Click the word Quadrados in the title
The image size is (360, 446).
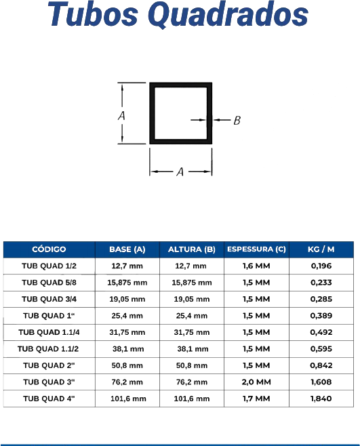[228, 15]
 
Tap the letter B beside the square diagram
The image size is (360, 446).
[237, 121]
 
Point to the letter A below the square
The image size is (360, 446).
[180, 171]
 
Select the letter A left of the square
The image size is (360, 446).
[121, 116]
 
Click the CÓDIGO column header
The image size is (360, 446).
[49, 249]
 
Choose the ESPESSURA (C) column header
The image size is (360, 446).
[256, 249]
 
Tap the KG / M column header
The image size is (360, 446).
[321, 249]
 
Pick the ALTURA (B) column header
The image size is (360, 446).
[192, 249]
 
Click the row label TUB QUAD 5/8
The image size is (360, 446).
[49, 283]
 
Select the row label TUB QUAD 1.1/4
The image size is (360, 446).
[49, 332]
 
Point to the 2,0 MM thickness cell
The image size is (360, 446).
[256, 382]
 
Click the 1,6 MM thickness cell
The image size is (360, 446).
[256, 266]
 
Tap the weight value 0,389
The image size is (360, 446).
[321, 316]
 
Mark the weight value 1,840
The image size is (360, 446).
[321, 399]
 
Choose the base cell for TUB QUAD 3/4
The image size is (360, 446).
[127, 299]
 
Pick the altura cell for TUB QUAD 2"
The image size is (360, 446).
[192, 365]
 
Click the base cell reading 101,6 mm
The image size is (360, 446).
[128, 399]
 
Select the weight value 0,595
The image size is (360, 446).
[321, 348]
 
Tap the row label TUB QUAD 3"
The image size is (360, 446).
[49, 382]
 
